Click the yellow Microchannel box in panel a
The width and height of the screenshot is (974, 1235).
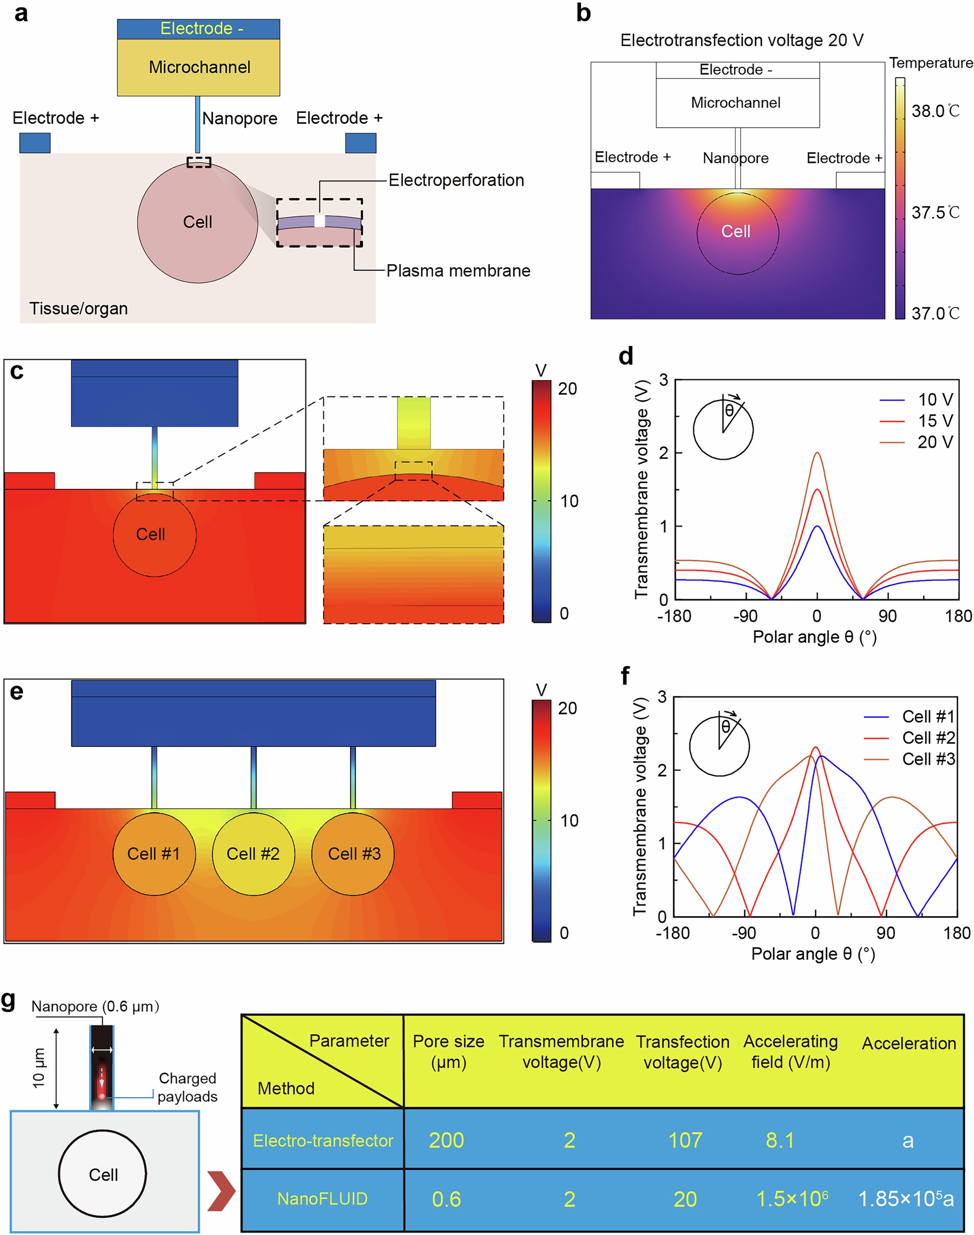198,67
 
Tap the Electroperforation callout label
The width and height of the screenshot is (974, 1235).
456,180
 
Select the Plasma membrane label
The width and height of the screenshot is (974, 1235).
458,270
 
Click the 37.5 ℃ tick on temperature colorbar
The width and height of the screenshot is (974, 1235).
935,213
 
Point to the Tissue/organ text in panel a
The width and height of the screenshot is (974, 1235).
79,309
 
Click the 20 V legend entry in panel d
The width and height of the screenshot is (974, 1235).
935,442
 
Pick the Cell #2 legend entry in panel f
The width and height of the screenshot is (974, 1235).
928,737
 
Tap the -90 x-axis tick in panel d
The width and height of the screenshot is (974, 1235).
745,616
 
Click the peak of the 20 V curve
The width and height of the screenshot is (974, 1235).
817,453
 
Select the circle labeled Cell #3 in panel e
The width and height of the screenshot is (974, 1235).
353,854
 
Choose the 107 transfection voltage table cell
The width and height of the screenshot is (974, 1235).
685,1140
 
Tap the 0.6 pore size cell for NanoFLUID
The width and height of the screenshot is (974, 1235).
446,1199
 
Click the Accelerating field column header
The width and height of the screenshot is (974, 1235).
790,1051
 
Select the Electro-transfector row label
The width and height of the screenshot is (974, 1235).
323,1140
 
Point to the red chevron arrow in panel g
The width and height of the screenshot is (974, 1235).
222,1190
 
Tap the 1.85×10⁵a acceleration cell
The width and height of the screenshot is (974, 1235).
906,1199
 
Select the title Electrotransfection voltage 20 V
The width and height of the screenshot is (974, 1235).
741,40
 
